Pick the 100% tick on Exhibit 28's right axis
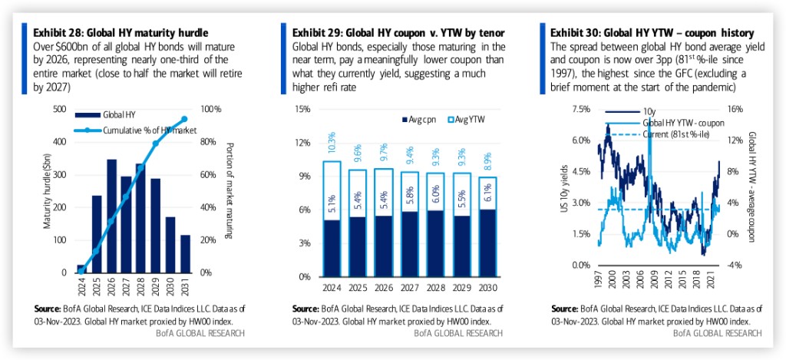[211, 109]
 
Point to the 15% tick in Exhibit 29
[302, 109]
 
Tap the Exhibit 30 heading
[652, 32]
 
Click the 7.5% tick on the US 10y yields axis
[581, 109]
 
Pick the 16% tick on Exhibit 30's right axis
[735, 109]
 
